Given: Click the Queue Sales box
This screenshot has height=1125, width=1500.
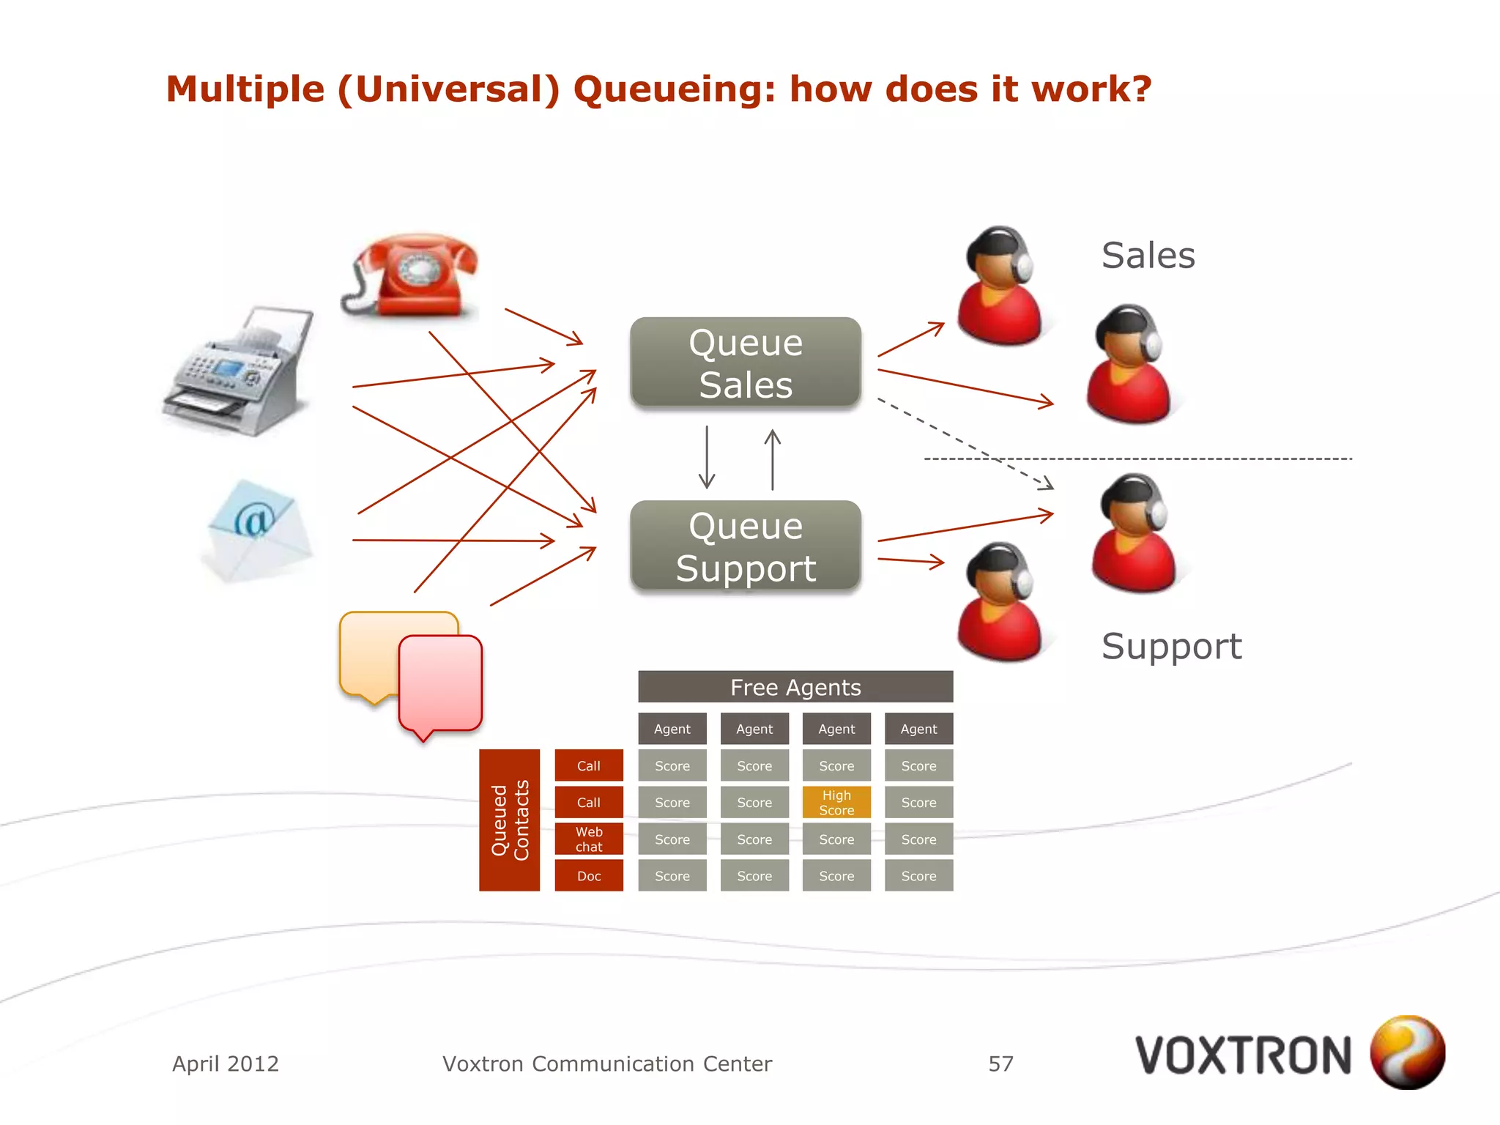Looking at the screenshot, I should (746, 363).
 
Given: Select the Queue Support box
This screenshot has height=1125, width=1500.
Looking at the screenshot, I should (746, 546).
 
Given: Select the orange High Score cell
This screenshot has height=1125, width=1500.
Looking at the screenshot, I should (836, 803).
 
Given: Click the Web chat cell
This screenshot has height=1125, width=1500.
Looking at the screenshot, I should (589, 839).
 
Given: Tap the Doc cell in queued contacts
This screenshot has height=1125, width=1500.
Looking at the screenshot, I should (589, 876).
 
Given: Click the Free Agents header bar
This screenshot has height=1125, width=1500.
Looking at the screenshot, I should (795, 687).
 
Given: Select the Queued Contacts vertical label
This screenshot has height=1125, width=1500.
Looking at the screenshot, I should (510, 820).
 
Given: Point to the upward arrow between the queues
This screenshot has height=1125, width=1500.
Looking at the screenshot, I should (773, 458).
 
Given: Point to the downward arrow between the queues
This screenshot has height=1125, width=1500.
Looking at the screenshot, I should (707, 458).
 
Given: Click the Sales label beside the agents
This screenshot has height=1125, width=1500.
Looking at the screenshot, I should (1148, 256).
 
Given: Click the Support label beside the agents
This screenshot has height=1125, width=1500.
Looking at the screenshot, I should (1171, 647).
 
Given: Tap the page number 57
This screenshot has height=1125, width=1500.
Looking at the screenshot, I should (1000, 1063).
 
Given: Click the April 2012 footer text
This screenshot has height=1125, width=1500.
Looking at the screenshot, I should (226, 1063).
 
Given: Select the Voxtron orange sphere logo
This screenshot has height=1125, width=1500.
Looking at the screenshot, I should (1407, 1052).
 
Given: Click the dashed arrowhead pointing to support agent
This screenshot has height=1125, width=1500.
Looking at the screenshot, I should (1047, 483).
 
